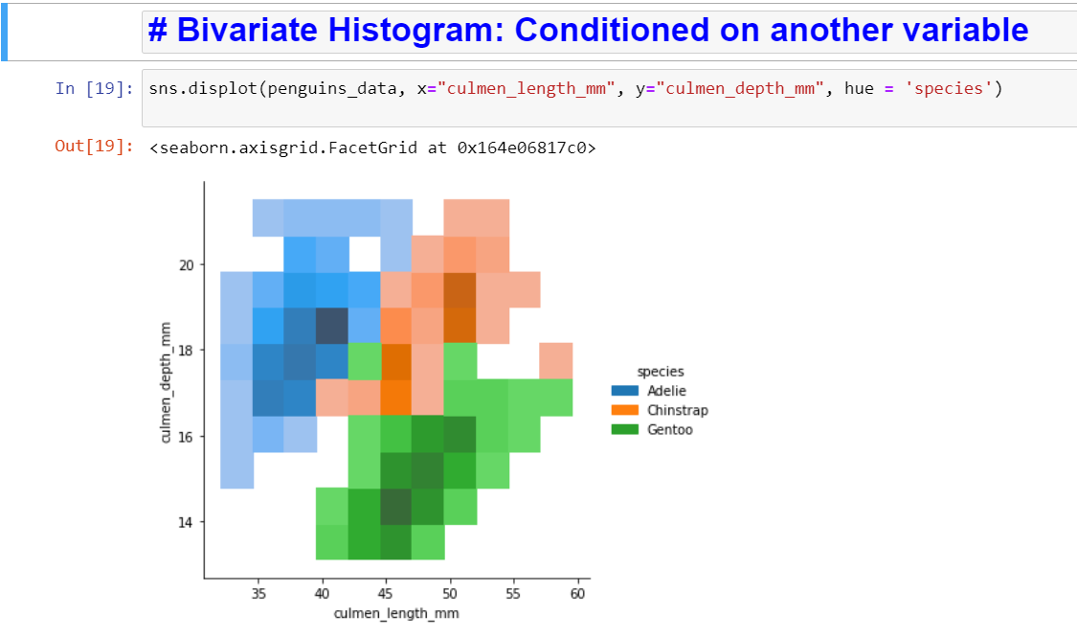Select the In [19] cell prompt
94,89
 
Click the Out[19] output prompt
94,147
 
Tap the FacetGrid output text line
372,148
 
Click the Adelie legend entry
666,391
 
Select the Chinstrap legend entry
677,410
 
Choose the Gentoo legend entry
669,430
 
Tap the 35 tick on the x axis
258,594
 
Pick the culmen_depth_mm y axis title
166,382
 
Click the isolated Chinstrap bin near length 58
556,361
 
